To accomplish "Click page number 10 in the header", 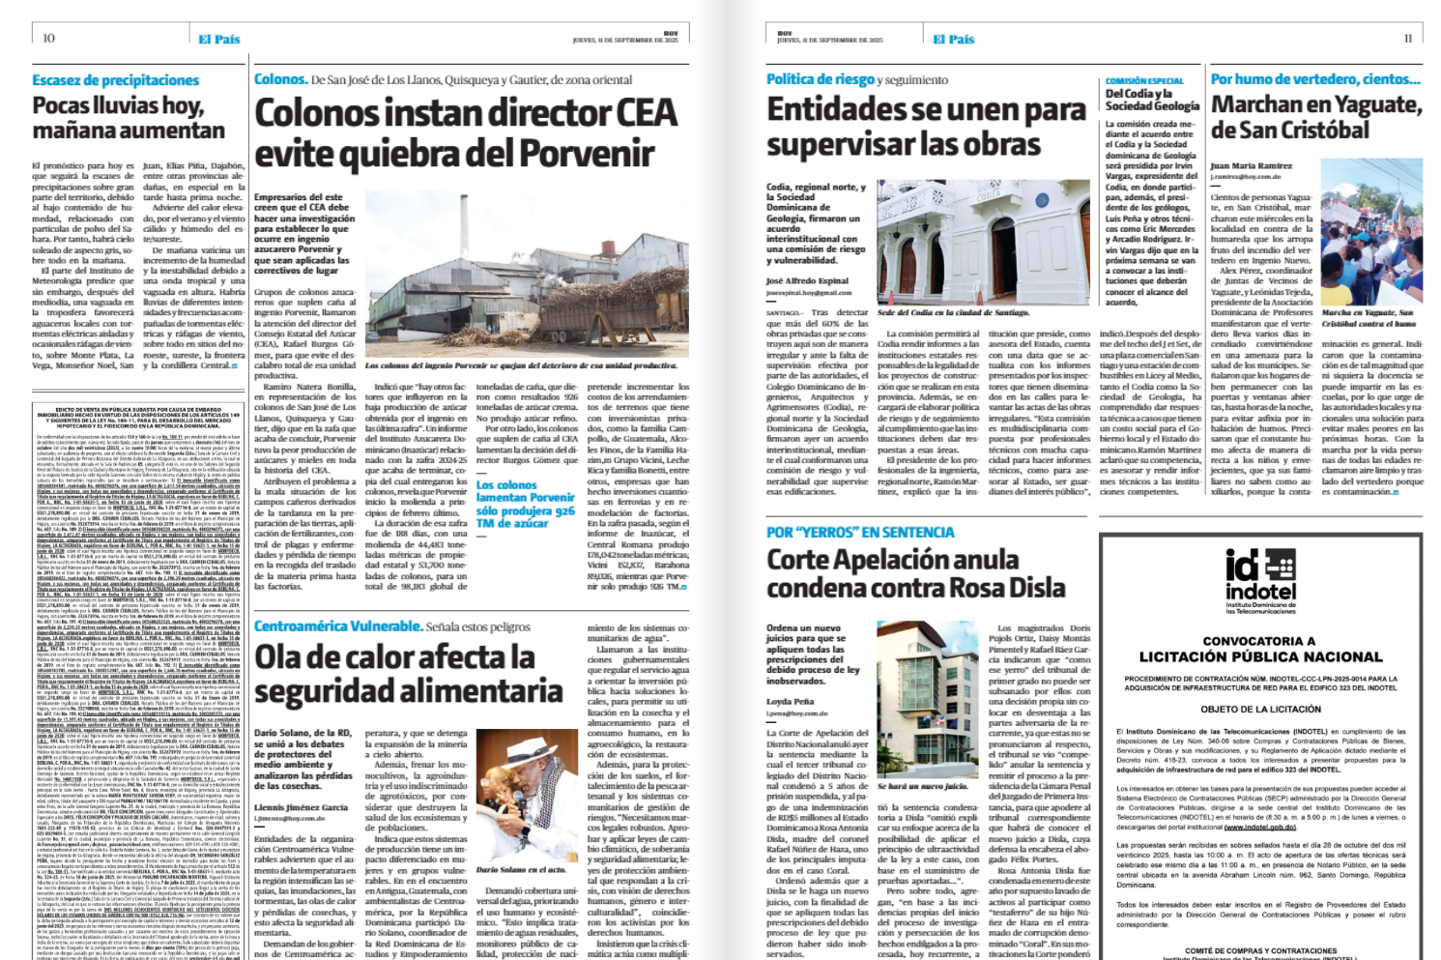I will (49, 38).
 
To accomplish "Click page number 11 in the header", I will (1408, 38).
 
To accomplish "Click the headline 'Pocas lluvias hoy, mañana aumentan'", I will (129, 117).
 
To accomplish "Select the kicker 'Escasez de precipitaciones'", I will (115, 80).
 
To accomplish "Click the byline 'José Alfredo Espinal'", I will (807, 280).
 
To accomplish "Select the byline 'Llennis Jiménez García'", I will (301, 806).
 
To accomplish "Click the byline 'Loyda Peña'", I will (791, 701).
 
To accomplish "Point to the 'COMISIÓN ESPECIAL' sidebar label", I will (1144, 81).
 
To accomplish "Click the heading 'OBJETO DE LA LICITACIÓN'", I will (1260, 709).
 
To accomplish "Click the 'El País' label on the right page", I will (953, 39).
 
